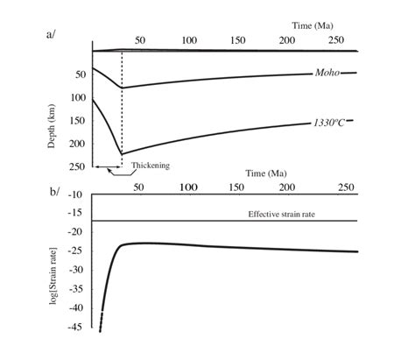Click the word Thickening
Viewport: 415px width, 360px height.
(x=150, y=165)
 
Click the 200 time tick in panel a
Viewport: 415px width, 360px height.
(x=286, y=41)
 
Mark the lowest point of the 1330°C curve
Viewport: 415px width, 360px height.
(x=121, y=154)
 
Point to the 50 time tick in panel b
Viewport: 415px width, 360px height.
(x=140, y=187)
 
